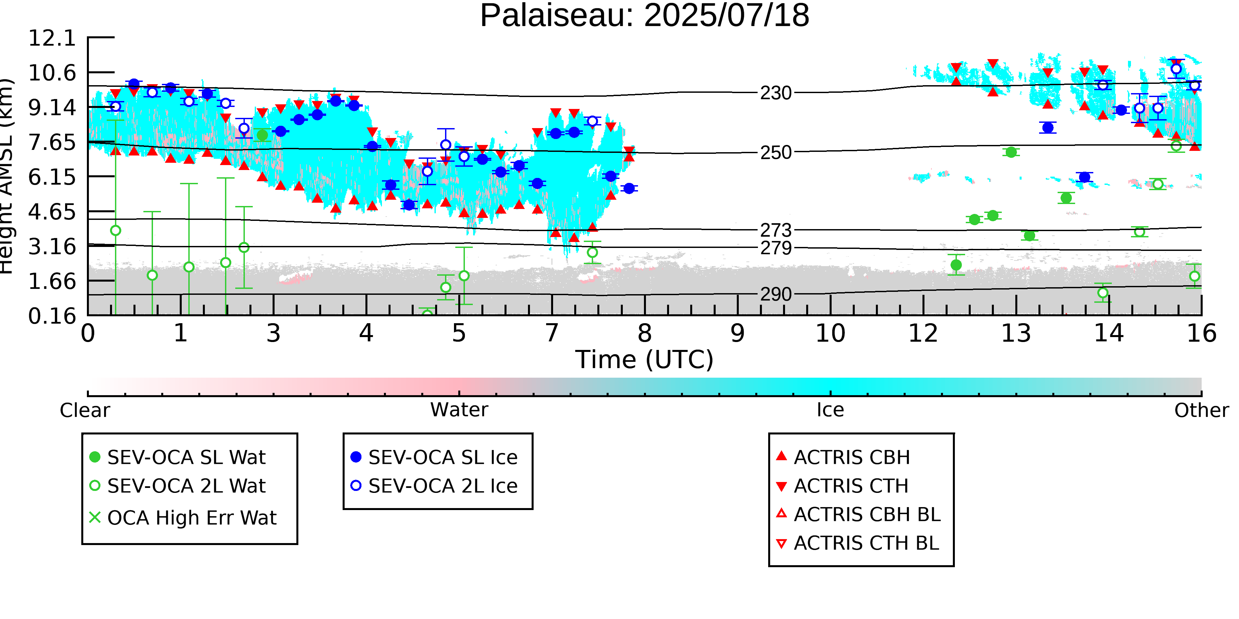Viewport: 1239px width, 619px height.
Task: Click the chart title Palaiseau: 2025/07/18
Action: point(645,16)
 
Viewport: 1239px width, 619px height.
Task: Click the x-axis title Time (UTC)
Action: point(645,360)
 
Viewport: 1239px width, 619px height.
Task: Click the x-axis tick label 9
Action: point(737,333)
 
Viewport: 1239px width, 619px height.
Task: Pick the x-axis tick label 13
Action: point(1016,333)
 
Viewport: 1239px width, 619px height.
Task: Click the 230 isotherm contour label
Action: point(776,93)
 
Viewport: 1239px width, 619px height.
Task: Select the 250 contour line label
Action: point(776,153)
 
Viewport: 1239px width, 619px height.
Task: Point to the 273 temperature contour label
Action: point(776,230)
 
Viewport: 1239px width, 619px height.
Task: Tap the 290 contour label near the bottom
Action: point(776,294)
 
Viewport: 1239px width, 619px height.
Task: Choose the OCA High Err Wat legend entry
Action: point(183,518)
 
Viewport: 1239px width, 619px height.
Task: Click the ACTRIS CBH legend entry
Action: point(843,457)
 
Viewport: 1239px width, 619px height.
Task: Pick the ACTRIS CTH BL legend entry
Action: point(858,543)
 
